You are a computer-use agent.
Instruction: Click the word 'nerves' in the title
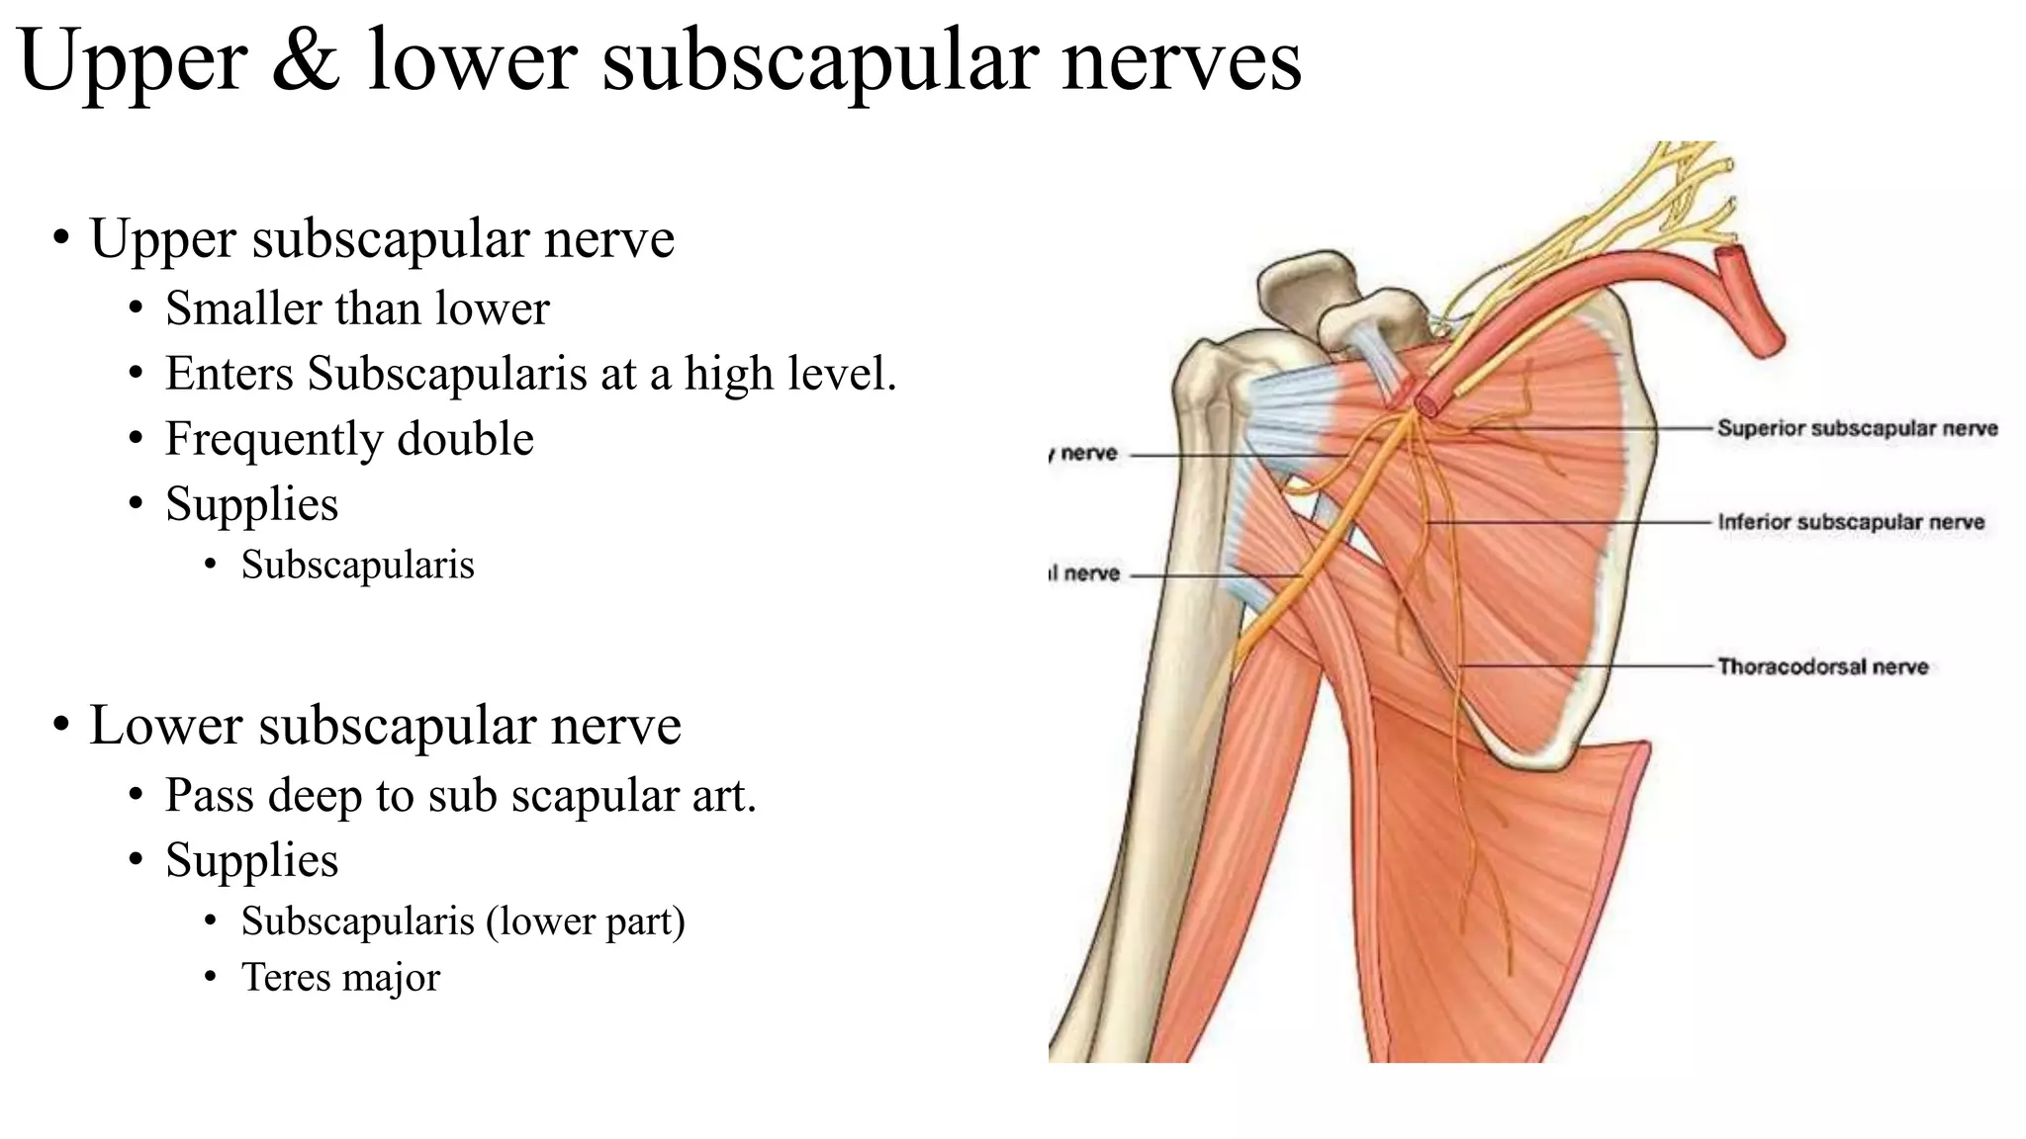1181,61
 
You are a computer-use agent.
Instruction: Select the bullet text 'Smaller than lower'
357,308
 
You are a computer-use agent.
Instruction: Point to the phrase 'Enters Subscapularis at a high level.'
530,374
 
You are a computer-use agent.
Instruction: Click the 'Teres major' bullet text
340,977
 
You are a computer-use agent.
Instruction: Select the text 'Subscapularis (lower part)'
463,920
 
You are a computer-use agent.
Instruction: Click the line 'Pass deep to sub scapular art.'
460,795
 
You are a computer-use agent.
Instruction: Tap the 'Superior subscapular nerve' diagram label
1857,428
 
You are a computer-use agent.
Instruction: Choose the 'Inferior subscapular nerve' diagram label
1851,522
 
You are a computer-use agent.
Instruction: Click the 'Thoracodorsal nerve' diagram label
1822,666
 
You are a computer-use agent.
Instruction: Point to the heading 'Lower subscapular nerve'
385,725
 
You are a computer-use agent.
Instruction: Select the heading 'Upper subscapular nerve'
382,238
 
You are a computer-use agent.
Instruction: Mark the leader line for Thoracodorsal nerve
1583,666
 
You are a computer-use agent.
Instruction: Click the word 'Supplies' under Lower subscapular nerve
251,860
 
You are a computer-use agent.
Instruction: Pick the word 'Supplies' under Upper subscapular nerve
251,504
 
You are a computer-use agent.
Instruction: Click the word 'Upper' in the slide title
133,61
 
